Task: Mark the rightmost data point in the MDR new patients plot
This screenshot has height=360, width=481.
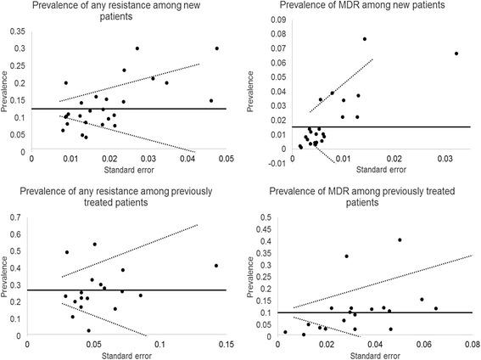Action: tap(456, 53)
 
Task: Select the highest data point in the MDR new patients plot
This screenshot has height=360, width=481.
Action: tap(365, 39)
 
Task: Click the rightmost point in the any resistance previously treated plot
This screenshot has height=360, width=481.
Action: tap(216, 266)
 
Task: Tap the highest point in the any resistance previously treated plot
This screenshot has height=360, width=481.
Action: tap(94, 245)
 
